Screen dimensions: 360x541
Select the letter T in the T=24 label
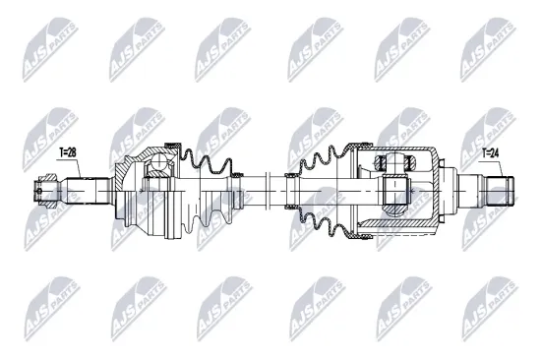pyautogui.click(x=484, y=152)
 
